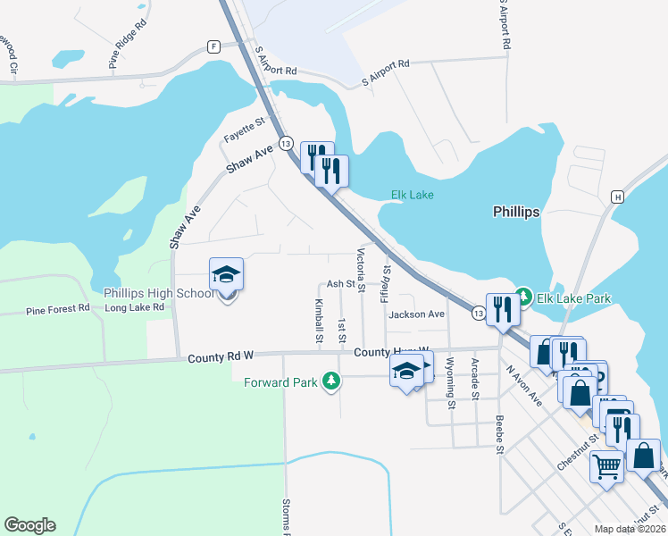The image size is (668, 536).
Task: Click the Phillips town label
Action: pos(516,213)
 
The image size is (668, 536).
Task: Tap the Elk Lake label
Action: pos(412,196)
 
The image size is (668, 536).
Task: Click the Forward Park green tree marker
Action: pos(331,381)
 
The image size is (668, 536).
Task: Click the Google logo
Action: pos(29,525)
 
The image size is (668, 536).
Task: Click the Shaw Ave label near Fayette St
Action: pos(249,160)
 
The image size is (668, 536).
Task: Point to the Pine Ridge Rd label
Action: pos(127,47)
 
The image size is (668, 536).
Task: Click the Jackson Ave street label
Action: pos(416,314)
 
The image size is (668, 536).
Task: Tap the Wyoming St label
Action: pos(450,382)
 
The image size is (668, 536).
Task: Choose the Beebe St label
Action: pos(498,433)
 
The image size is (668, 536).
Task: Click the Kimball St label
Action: pos(319,321)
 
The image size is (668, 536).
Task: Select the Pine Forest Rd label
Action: pos(58,309)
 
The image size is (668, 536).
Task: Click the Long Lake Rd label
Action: pos(134,307)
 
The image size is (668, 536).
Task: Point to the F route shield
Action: pos(213,46)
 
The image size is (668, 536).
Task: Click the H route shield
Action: pos(616,197)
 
